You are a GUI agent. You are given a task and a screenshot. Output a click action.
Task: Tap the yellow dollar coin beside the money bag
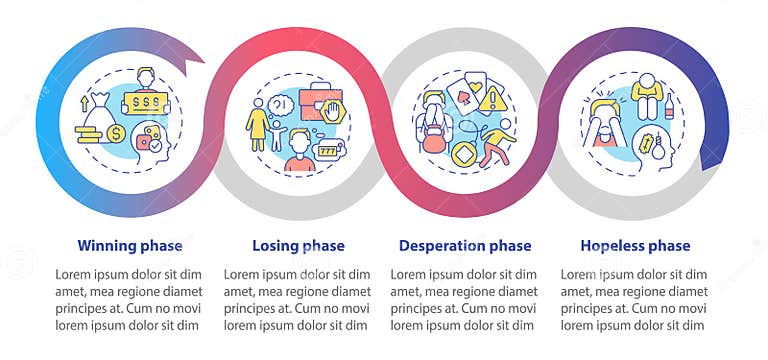point(117,133)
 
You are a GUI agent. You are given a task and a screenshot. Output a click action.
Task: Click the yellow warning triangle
point(492,99)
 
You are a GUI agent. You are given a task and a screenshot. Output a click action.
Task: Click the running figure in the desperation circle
point(497,140)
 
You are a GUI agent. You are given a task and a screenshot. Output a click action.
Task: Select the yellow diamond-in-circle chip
point(460,157)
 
